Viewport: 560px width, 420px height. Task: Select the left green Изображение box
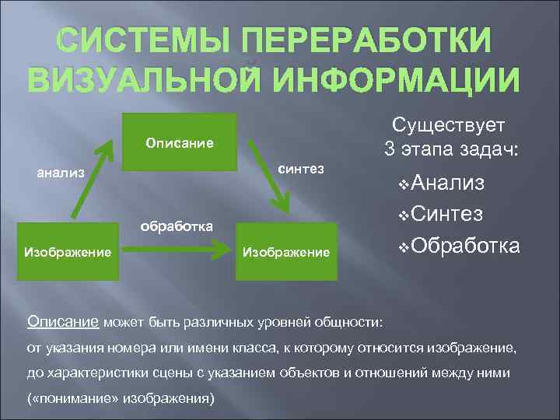click(68, 251)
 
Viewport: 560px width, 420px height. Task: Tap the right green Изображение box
click(287, 251)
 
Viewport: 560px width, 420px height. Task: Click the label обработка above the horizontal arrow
click(177, 226)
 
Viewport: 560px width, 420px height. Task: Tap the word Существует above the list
click(449, 124)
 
